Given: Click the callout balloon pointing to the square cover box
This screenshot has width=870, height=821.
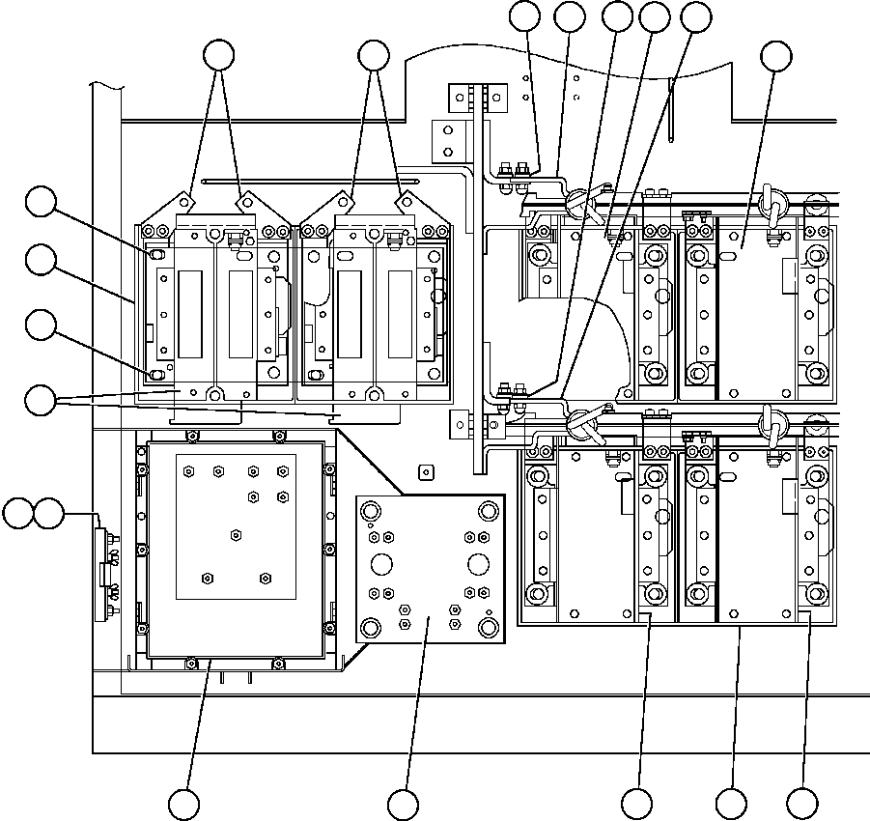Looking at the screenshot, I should click(184, 804).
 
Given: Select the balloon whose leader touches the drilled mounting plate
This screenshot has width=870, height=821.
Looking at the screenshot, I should click(403, 804).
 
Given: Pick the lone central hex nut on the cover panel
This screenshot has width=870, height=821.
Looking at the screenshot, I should click(236, 534).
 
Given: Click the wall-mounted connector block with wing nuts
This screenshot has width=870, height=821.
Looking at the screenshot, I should click(105, 571).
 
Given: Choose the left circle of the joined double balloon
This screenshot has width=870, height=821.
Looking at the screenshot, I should click(16, 514).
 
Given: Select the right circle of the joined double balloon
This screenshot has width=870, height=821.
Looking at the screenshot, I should click(48, 514).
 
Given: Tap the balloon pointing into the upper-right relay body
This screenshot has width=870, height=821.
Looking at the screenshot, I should click(775, 57).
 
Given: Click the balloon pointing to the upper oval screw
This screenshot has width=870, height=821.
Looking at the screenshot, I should click(41, 202).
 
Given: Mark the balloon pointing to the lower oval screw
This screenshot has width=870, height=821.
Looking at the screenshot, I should click(41, 326).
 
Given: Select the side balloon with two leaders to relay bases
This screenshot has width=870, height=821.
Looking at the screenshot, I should click(41, 399).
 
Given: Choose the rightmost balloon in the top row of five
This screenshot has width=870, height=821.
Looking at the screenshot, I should click(695, 15).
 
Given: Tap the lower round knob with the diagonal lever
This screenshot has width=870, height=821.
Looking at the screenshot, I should click(580, 420).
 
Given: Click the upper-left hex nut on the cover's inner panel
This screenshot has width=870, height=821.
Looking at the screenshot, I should click(188, 471).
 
